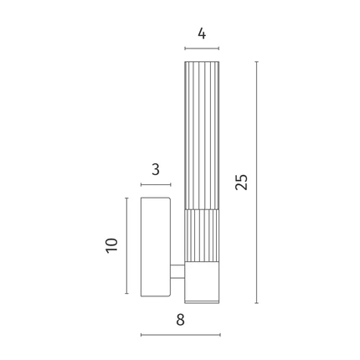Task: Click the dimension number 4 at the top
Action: pyautogui.click(x=202, y=33)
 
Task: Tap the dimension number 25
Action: pyautogui.click(x=241, y=183)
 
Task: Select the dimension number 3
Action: pyautogui.click(x=156, y=170)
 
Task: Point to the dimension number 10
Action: pyautogui.click(x=112, y=245)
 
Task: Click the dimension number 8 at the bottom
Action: pyautogui.click(x=180, y=320)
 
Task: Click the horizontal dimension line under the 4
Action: pyautogui.click(x=202, y=49)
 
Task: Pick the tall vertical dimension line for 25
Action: pyautogui.click(x=256, y=183)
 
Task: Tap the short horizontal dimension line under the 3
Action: pyautogui.click(x=156, y=185)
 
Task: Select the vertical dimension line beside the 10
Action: pyautogui.click(x=126, y=245)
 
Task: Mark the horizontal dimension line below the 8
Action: pyautogui.click(x=181, y=335)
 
